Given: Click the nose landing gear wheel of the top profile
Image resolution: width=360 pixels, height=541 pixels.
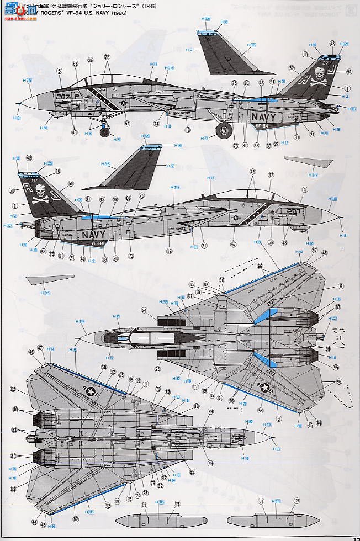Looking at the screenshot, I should point(104,131).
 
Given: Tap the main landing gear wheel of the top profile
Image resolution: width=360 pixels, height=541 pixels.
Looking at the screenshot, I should point(223,131).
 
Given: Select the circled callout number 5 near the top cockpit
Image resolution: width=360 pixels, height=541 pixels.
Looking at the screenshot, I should point(58,70).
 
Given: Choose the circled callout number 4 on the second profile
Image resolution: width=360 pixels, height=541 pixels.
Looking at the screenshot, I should point(305,190).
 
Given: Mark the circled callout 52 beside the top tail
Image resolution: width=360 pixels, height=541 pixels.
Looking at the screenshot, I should point(290,68).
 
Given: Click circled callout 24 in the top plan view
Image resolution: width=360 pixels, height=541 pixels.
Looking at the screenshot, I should point(144,310).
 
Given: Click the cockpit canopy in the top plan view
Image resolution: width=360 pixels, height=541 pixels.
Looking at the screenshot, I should point(146,336).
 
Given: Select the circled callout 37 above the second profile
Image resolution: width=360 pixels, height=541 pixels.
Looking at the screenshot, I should point(271,175).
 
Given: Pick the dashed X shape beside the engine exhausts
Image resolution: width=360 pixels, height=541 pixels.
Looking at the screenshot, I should point(340,336).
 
